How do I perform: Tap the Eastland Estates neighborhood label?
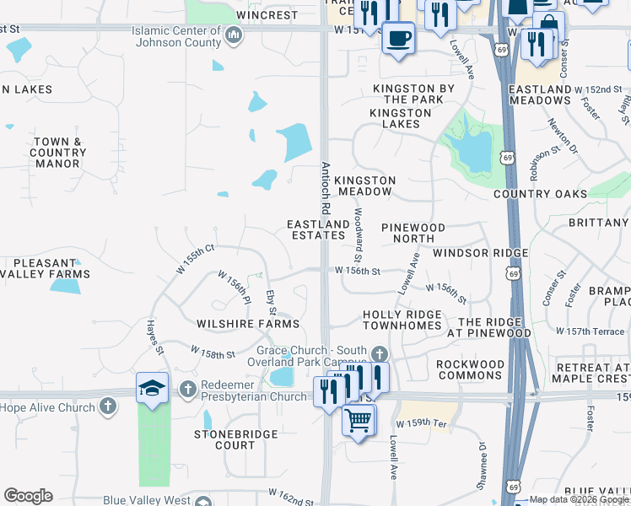tap(318, 229)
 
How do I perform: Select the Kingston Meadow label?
tap(364, 186)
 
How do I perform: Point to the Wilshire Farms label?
tap(248, 324)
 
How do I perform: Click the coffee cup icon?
tap(397, 36)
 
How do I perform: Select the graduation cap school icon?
tap(152, 387)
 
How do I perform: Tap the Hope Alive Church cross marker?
tap(107, 406)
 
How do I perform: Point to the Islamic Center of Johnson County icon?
tap(235, 35)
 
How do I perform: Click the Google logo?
tap(28, 496)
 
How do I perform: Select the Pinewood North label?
tap(413, 234)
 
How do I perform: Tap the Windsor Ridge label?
tap(480, 253)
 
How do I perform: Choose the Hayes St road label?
tap(154, 335)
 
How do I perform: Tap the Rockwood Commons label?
tap(470, 369)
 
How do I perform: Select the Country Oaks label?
tap(540, 194)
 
